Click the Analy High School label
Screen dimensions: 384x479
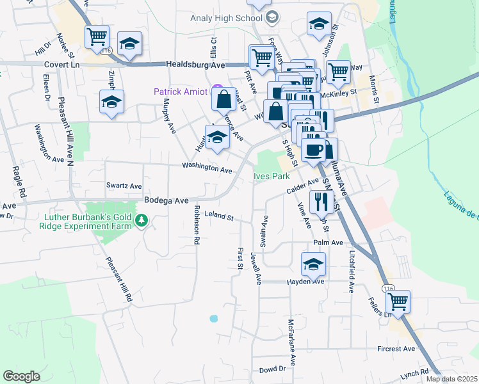tap(227, 17)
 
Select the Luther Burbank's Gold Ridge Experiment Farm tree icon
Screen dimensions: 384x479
tap(142, 221)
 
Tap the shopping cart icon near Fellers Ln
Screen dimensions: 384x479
tap(398, 301)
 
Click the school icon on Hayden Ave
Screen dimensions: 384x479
tap(313, 264)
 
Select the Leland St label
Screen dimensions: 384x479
tap(219, 217)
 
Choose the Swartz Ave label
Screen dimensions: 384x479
tap(124, 186)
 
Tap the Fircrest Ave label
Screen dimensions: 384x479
tap(396, 349)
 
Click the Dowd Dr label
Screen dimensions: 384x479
tap(272, 370)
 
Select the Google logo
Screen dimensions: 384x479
tap(21, 376)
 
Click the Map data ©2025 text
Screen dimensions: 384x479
tap(451, 379)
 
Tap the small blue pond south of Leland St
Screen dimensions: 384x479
tap(213, 318)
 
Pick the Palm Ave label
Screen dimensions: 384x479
tap(329, 243)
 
